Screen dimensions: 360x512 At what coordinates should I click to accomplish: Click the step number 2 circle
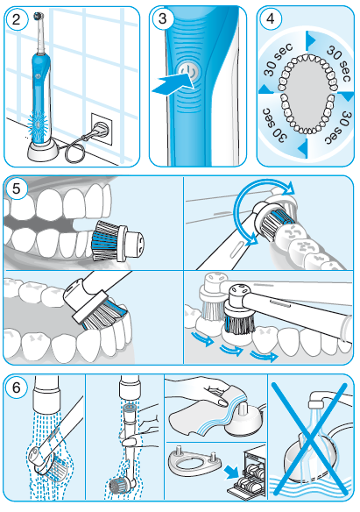16,19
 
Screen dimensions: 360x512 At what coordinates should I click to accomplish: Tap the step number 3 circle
162,19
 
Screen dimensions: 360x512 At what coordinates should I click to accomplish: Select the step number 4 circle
271,19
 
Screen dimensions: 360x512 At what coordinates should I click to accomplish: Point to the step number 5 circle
16,188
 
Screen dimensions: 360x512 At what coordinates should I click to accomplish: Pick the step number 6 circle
16,388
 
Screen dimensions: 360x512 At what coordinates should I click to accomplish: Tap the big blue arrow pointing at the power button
173,84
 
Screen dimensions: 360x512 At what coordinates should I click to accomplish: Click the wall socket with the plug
101,129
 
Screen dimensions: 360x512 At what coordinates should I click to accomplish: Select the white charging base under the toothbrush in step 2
43,151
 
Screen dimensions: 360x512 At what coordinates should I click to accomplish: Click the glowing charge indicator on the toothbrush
38,125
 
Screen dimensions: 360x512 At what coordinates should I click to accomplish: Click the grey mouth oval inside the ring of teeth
306,93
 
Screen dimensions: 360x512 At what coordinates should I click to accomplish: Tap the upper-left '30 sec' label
277,60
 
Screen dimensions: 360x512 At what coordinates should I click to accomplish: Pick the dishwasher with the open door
246,472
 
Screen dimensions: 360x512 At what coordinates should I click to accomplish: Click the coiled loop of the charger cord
73,153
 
